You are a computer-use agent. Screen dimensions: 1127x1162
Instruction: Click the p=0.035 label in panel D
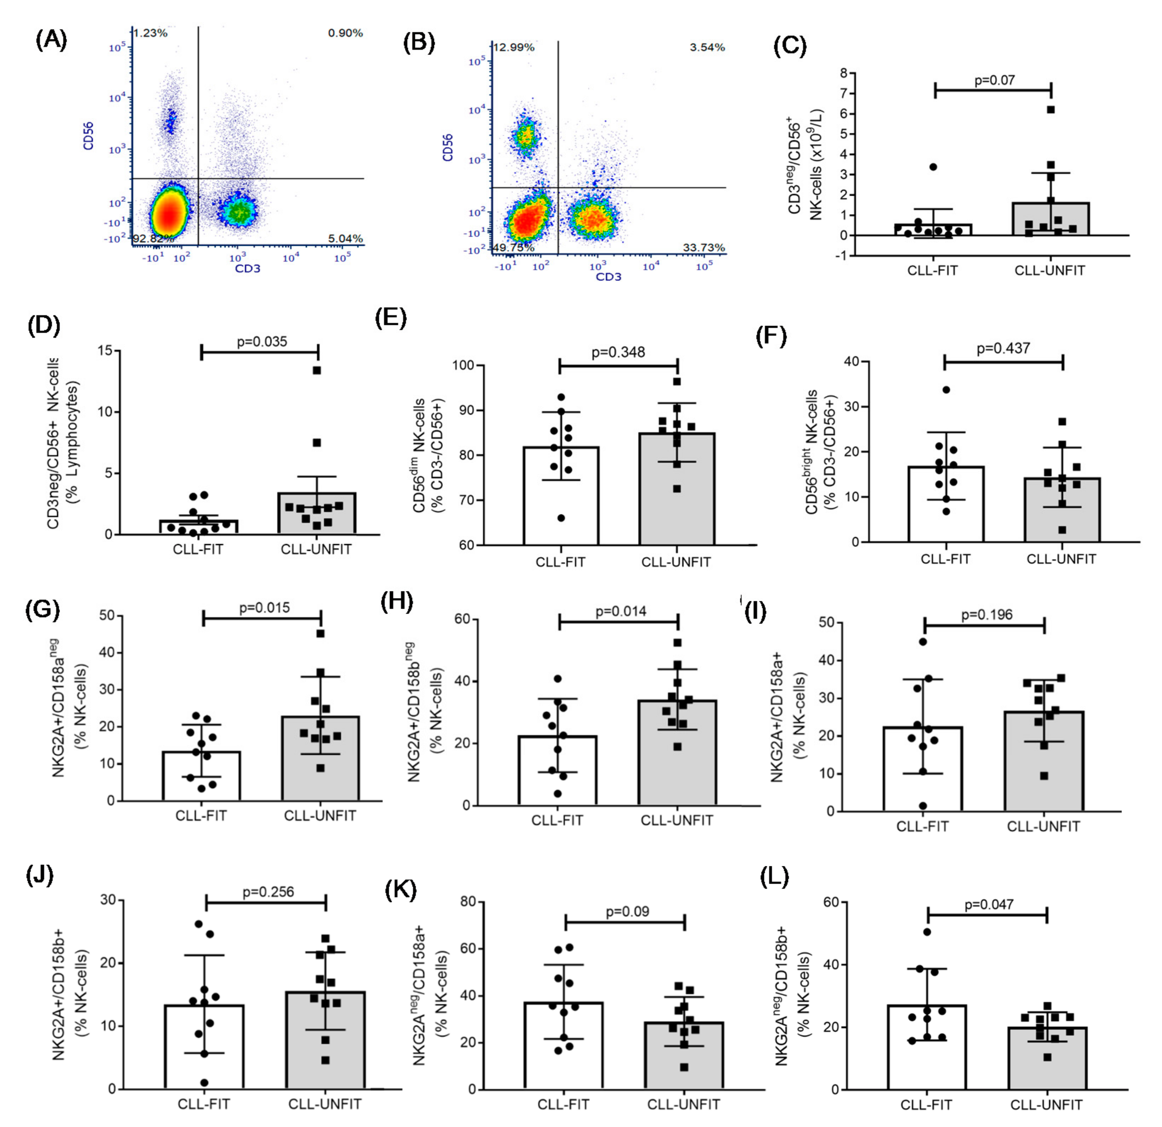coord(261,342)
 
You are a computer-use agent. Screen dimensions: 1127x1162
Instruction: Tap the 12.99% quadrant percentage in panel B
coord(513,47)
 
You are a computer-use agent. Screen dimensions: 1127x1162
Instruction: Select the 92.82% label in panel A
coord(153,238)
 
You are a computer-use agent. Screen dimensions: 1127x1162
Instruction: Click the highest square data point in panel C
coord(1051,110)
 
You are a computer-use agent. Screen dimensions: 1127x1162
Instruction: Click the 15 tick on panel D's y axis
coord(106,350)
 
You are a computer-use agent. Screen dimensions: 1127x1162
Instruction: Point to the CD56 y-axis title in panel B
coord(448,147)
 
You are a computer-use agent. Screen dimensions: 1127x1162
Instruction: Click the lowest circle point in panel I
coord(922,806)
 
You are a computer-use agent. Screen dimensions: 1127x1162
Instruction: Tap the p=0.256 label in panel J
coord(268,892)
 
